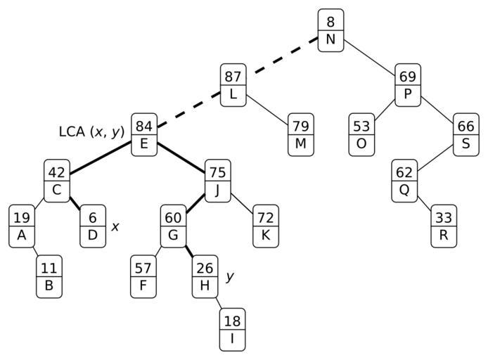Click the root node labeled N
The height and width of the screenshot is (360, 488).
330,30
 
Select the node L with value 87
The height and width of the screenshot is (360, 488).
233,85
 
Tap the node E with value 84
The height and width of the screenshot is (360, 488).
144,136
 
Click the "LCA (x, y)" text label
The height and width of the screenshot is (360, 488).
91,131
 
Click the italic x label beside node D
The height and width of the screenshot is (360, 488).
116,226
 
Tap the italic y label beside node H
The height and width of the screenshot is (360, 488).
229,276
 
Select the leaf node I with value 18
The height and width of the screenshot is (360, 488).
232,330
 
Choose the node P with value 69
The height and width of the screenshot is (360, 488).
408,85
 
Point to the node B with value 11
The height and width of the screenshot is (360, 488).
49,276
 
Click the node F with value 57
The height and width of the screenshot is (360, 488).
143,276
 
